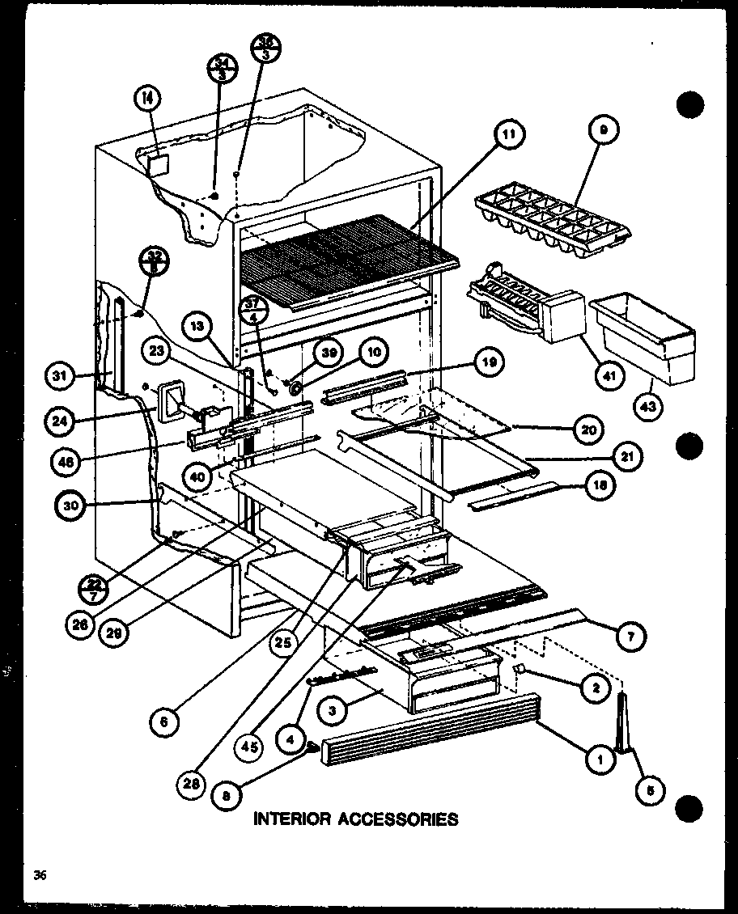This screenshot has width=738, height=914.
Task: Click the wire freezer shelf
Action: [x=348, y=256]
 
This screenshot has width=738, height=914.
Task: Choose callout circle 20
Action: [x=588, y=430]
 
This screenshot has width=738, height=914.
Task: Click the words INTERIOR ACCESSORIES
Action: [x=356, y=819]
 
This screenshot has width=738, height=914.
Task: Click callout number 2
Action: [x=594, y=688]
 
